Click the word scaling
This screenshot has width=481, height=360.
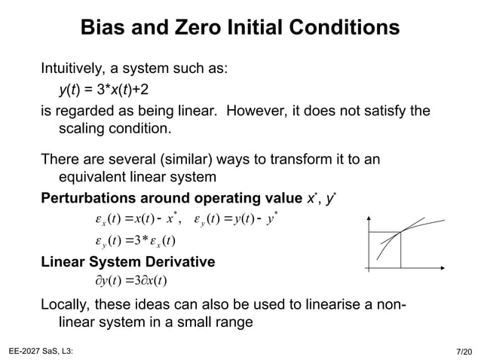click(82, 129)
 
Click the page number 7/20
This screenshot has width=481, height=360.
click(464, 351)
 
